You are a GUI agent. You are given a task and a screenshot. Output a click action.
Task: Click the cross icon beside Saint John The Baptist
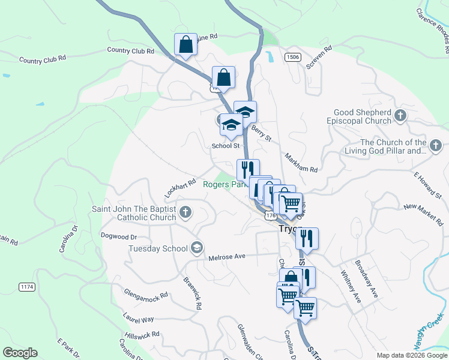[x=186, y=212]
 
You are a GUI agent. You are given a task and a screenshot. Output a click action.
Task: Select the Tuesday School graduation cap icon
[x=196, y=248]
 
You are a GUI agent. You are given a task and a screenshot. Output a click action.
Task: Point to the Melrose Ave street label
[x=227, y=257]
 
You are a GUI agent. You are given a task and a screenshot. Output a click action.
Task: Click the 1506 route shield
[x=293, y=57]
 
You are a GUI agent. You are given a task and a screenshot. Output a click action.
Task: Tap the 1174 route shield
[x=26, y=287]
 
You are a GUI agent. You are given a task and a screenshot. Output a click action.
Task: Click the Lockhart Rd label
[x=181, y=188]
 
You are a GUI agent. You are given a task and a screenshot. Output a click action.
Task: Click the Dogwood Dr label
[x=119, y=236]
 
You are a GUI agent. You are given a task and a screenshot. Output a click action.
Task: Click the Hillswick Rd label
[x=142, y=335]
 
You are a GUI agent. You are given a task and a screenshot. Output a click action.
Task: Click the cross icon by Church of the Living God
[x=436, y=146]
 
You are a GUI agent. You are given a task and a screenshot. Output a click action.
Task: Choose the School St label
[x=226, y=146]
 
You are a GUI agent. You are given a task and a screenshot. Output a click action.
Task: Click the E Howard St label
[x=428, y=185]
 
